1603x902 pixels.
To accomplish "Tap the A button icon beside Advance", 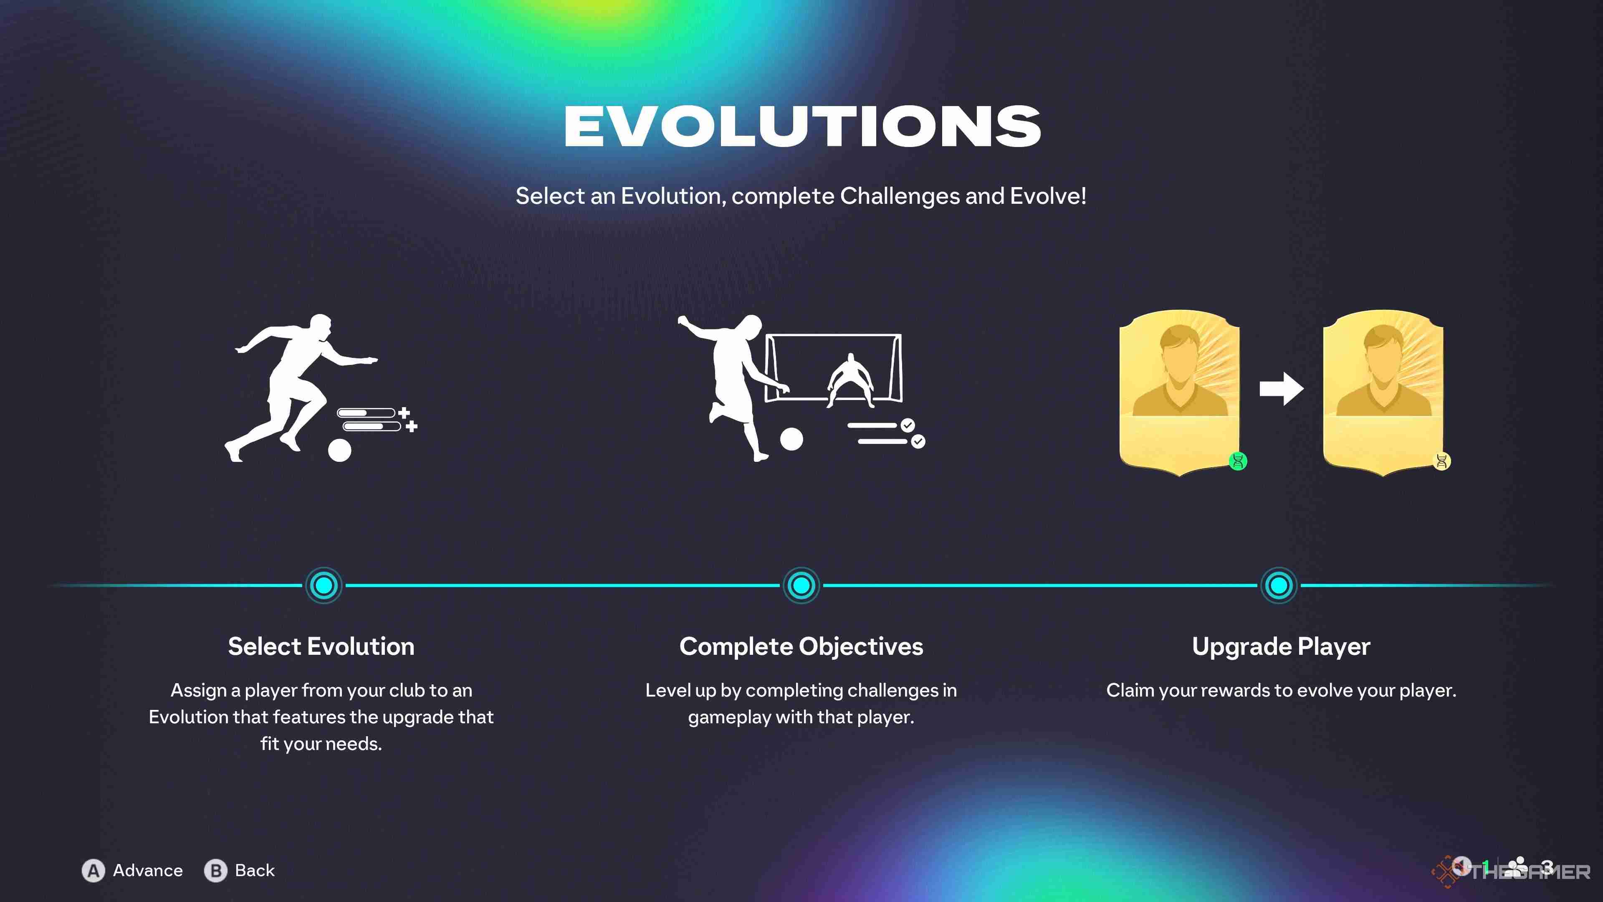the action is tap(94, 870).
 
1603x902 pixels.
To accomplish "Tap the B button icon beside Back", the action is tap(215, 870).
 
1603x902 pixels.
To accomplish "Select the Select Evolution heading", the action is tap(321, 646).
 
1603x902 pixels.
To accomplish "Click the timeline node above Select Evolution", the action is tap(324, 585).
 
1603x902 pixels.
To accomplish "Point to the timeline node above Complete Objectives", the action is tap(801, 585).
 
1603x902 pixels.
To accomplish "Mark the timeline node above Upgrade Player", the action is tap(1279, 585).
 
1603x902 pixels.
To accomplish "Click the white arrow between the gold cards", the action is tap(1281, 389).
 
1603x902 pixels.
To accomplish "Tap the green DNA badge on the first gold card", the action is tap(1238, 461).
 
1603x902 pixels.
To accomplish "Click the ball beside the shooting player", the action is tap(791, 439).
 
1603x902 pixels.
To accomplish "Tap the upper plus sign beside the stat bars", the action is tap(405, 412).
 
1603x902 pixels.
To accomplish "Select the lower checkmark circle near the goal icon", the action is tap(918, 441).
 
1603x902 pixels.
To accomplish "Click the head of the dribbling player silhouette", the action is tap(321, 327).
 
